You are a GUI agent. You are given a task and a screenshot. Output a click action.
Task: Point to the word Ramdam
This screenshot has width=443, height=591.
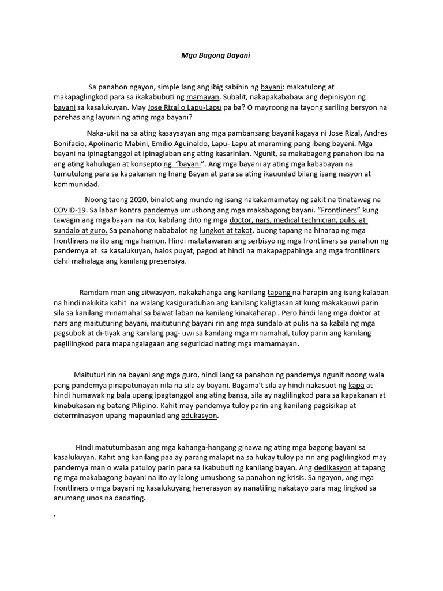95,292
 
